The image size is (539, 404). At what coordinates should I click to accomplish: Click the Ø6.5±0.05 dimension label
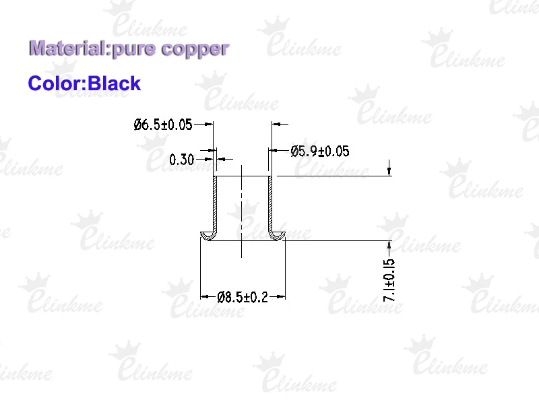click(163, 125)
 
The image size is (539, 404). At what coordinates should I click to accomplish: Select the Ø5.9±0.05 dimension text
click(319, 151)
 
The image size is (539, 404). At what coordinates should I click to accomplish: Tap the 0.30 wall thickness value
click(181, 160)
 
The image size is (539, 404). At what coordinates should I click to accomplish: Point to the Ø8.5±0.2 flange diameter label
click(243, 297)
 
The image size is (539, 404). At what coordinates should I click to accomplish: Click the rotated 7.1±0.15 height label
click(389, 280)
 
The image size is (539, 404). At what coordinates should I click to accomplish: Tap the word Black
click(115, 83)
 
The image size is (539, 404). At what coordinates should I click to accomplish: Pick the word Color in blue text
click(55, 83)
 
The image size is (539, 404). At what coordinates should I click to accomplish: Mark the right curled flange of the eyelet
click(277, 235)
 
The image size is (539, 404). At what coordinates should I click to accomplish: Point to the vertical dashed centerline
click(242, 211)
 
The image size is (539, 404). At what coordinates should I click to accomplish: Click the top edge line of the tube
click(243, 176)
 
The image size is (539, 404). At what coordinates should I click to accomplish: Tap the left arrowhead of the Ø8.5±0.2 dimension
click(205, 296)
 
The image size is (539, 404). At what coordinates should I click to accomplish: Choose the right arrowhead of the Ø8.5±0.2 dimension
click(281, 296)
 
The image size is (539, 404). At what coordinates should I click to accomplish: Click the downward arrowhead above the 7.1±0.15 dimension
click(389, 172)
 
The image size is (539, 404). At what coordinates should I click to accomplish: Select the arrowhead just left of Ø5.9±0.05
click(274, 150)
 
